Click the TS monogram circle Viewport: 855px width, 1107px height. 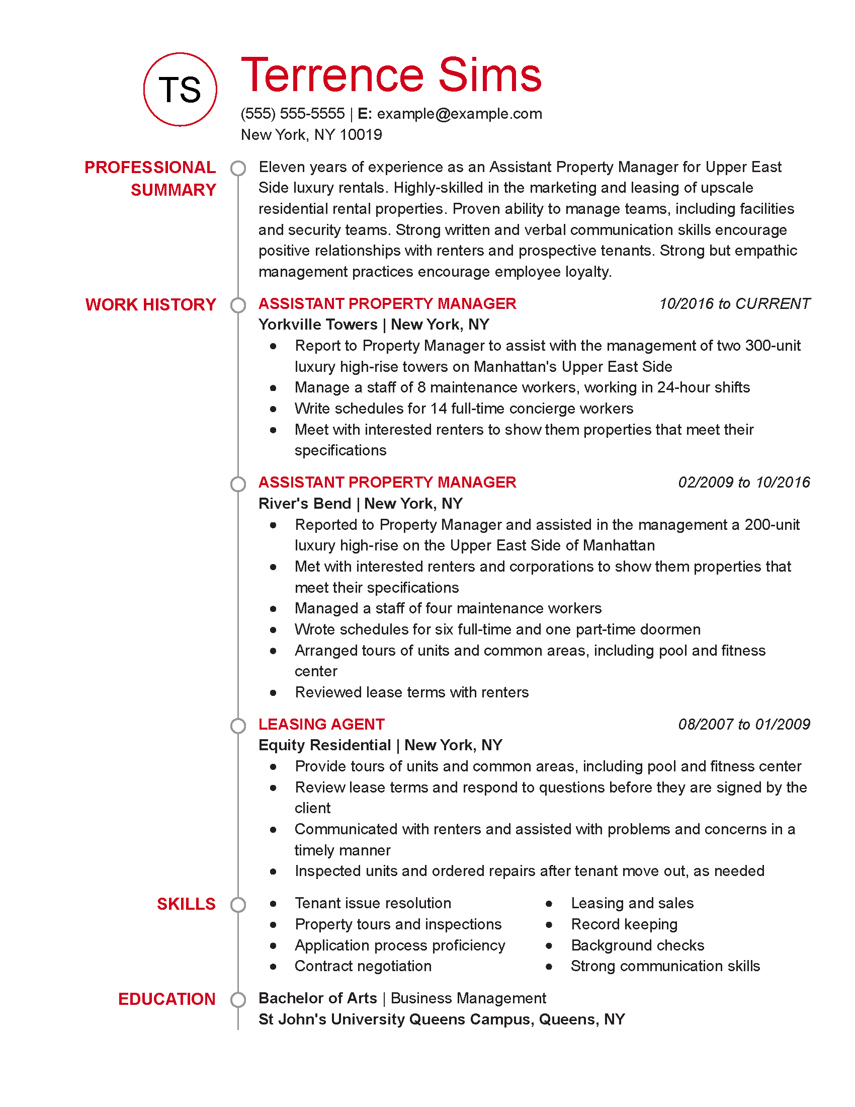(180, 89)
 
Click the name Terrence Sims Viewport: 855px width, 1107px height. (391, 75)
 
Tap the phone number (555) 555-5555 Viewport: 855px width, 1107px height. (292, 114)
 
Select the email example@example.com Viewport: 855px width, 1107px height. (459, 114)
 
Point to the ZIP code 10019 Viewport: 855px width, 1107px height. (361, 135)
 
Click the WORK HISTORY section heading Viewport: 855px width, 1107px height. (150, 304)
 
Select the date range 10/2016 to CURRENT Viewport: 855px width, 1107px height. (734, 303)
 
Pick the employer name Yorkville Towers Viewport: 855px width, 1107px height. (317, 325)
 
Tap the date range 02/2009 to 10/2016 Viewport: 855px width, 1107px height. (743, 482)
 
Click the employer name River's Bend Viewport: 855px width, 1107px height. (304, 503)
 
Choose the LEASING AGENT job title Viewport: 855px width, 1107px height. (321, 724)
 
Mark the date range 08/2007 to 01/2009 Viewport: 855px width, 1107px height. (743, 724)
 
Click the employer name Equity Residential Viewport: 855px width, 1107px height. (324, 745)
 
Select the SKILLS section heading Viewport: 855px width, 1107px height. (186, 904)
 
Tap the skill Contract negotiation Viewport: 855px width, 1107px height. (363, 966)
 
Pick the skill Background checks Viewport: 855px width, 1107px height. (637, 945)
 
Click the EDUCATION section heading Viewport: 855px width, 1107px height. (166, 999)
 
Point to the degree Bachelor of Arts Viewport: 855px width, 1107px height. (317, 998)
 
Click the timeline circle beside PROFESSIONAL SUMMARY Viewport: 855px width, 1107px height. (238, 168)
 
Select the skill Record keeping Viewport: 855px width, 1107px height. (624, 924)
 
